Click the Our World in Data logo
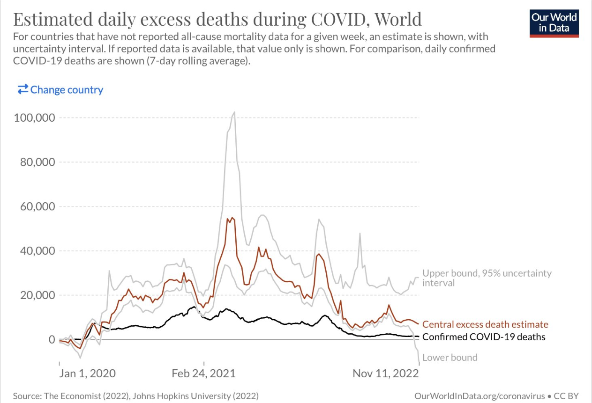tap(555, 22)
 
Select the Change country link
tap(60, 89)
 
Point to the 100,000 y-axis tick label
tap(35, 117)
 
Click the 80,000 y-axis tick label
tap(37, 162)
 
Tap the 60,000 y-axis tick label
tap(37, 206)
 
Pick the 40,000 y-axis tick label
tap(37, 251)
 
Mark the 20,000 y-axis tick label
tap(37, 295)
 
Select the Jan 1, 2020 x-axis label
tap(87, 374)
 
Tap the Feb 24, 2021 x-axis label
tap(203, 374)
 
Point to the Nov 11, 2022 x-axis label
tap(385, 374)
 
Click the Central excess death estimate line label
tap(485, 324)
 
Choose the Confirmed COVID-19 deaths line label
tap(484, 337)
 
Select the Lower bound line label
tap(450, 358)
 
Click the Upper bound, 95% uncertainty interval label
tap(487, 278)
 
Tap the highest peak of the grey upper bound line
tap(234, 112)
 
